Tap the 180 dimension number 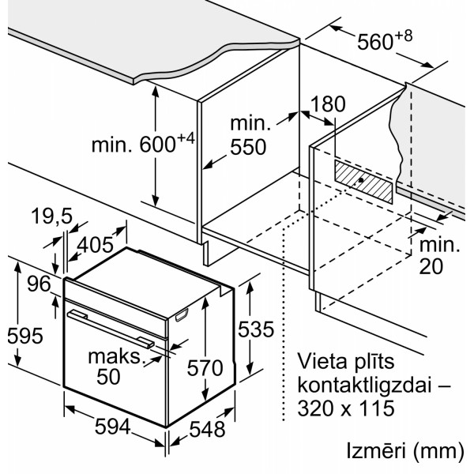(x=328, y=103)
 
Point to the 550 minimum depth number (x=248, y=147)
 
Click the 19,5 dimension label (x=51, y=216)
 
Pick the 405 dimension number (x=96, y=244)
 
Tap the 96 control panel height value (x=39, y=284)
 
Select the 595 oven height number (x=25, y=336)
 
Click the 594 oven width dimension (x=112, y=427)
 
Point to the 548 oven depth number (x=207, y=429)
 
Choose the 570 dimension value (x=205, y=367)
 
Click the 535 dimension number (x=256, y=329)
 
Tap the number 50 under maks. (x=108, y=376)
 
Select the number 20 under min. (x=431, y=266)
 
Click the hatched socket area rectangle (x=363, y=182)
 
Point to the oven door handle (x=111, y=329)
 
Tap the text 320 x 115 (x=346, y=408)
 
